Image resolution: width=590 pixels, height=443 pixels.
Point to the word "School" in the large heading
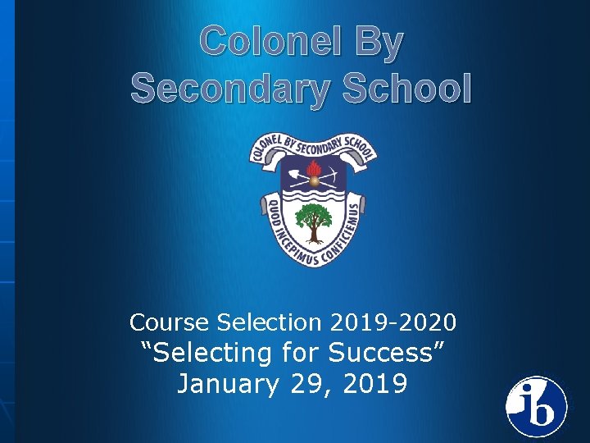point(408,88)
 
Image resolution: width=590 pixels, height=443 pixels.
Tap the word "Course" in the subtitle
point(165,322)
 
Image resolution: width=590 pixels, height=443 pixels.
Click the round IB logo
point(536,406)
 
